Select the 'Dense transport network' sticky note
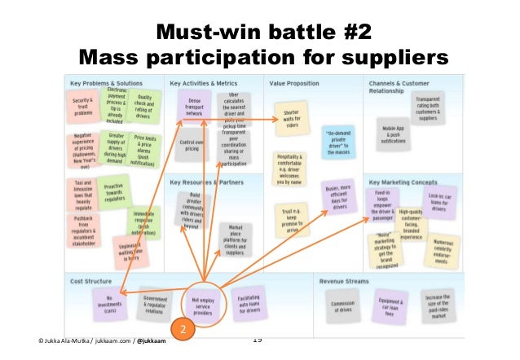pos(194,107)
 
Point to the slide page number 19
pos(258,340)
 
